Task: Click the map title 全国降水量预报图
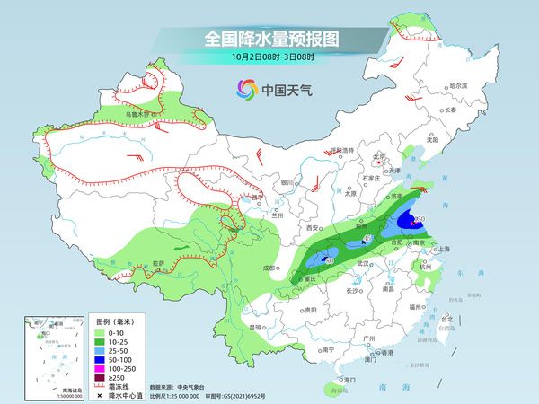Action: point(269,40)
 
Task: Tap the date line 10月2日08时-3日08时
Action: point(269,58)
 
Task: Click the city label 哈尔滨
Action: point(460,85)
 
